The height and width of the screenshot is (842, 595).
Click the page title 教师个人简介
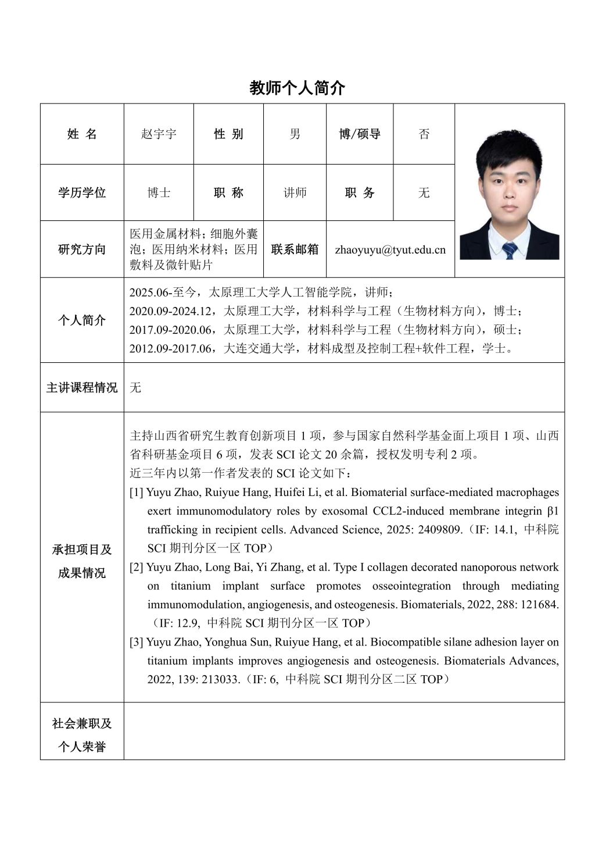[x=297, y=88]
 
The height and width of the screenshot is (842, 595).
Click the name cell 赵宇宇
[x=159, y=134]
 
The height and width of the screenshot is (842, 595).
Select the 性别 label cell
[x=228, y=134]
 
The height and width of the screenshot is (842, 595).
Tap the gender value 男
[x=295, y=134]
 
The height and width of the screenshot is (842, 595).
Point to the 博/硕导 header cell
[x=360, y=134]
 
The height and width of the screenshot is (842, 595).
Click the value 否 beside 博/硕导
[x=424, y=134]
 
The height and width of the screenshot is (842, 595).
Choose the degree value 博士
[x=159, y=192]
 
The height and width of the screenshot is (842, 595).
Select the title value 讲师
[x=295, y=192]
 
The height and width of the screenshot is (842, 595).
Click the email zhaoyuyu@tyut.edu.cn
[x=390, y=249]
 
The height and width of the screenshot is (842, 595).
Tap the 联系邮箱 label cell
[x=295, y=249]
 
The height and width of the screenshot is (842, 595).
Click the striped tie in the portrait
[x=510, y=251]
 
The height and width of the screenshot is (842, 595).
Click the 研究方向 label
[x=82, y=249]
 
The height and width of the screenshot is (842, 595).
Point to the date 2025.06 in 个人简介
[x=148, y=292]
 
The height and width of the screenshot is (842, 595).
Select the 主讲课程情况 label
[x=82, y=388]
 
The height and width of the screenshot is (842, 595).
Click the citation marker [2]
[x=137, y=568]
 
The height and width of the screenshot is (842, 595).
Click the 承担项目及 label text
[x=82, y=550]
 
